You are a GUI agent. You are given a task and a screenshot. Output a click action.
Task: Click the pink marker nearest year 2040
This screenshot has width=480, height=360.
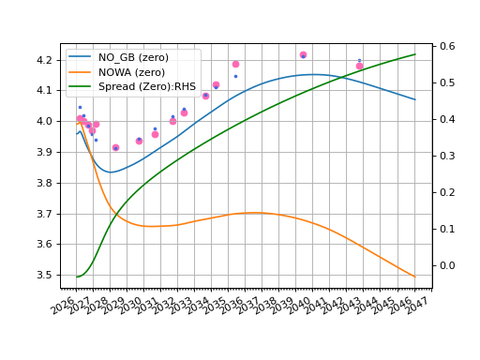pyautogui.click(x=303, y=55)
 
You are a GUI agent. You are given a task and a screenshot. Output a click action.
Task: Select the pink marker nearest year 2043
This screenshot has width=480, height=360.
pyautogui.click(x=359, y=66)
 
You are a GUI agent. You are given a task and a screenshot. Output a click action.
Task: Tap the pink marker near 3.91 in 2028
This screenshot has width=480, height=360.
pyautogui.click(x=115, y=147)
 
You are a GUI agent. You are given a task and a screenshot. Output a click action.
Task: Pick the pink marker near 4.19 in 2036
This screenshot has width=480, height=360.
pyautogui.click(x=235, y=64)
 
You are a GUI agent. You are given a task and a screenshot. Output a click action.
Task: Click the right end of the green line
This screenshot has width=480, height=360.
pyautogui.click(x=415, y=54)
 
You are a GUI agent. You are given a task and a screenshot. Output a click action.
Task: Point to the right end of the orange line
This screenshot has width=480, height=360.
pyautogui.click(x=415, y=277)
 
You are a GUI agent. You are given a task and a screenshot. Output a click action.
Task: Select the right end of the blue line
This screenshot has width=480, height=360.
pyautogui.click(x=415, y=99)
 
